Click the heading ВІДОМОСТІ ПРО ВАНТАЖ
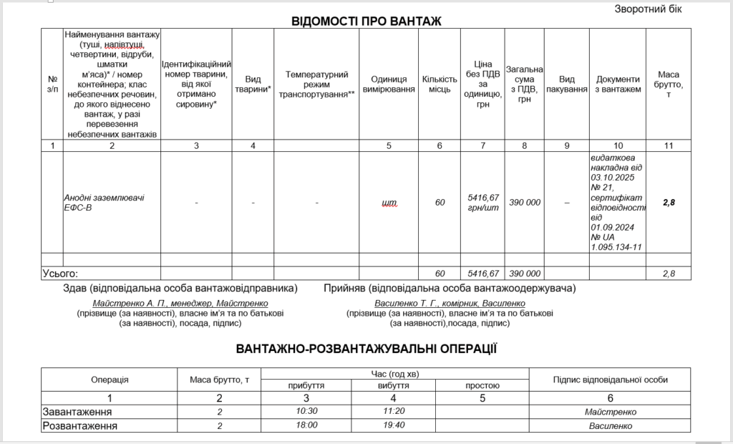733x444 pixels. click(366, 21)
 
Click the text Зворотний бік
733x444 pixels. click(648, 9)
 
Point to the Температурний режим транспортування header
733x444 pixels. click(316, 84)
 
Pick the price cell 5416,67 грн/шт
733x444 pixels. click(482, 202)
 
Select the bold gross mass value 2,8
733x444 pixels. click(669, 203)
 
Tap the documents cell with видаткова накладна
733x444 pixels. click(617, 202)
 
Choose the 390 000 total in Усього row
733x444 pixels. click(525, 274)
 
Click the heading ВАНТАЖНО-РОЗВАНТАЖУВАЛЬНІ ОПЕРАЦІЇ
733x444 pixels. click(366, 349)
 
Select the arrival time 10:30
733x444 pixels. click(306, 412)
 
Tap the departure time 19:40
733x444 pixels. click(394, 425)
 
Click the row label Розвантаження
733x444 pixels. click(80, 425)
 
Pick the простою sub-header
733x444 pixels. click(482, 385)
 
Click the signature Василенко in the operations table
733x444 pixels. click(609, 425)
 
